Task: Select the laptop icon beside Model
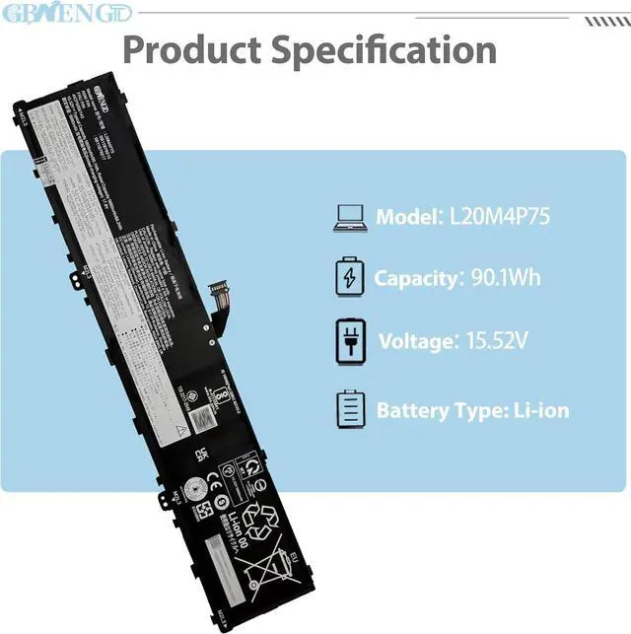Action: pyautogui.click(x=351, y=217)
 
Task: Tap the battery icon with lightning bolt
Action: pyautogui.click(x=350, y=277)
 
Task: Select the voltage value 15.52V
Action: pyautogui.click(x=493, y=342)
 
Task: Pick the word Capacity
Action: pyautogui.click(x=413, y=278)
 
